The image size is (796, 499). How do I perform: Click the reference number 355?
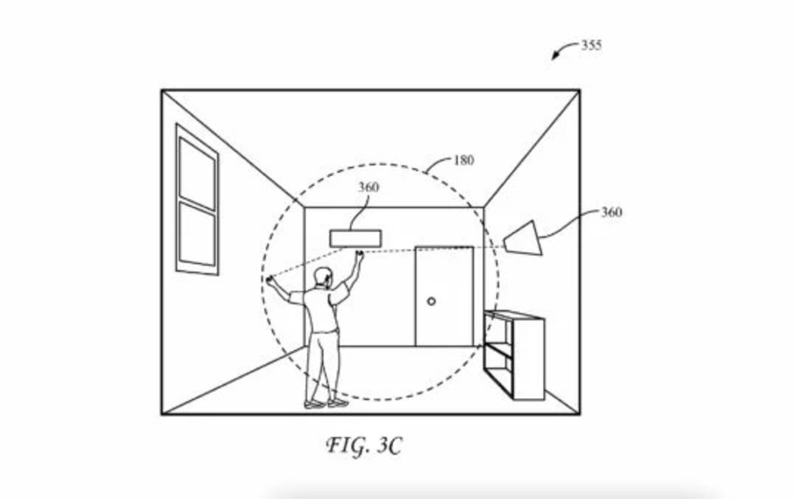pyautogui.click(x=591, y=45)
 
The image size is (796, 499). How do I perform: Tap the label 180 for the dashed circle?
pyautogui.click(x=464, y=161)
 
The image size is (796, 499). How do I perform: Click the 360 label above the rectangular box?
pyautogui.click(x=369, y=187)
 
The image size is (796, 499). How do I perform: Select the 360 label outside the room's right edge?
pyautogui.click(x=612, y=212)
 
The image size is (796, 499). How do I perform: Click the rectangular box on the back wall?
pyautogui.click(x=355, y=239)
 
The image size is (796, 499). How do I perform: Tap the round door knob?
pyautogui.click(x=431, y=301)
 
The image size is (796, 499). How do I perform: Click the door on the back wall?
pyautogui.click(x=444, y=296)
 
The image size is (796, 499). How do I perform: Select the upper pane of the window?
pyautogui.click(x=198, y=173)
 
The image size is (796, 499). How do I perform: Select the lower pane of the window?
pyautogui.click(x=198, y=234)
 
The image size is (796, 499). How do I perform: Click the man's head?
pyautogui.click(x=323, y=278)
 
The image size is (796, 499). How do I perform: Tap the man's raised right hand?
pyautogui.click(x=360, y=254)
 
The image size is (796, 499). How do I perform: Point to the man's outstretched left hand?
pyautogui.click(x=270, y=279)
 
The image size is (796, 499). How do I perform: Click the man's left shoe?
pyautogui.click(x=314, y=404)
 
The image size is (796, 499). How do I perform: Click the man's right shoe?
pyautogui.click(x=338, y=403)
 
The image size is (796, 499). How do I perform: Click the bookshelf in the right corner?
pyautogui.click(x=514, y=355)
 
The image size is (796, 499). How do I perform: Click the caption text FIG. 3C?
pyautogui.click(x=363, y=446)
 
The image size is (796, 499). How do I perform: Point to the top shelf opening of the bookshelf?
pyautogui.click(x=497, y=330)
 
